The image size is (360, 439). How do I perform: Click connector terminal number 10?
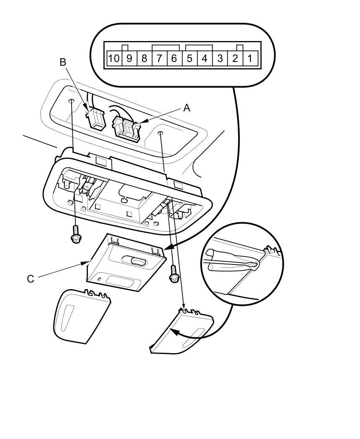click(x=113, y=58)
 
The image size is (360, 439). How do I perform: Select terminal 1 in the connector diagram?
click(x=249, y=58)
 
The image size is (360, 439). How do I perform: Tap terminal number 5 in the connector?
click(x=189, y=58)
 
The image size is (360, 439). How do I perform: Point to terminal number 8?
click(x=144, y=58)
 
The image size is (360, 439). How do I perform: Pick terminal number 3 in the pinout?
click(x=220, y=58)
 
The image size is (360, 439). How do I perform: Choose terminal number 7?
click(x=159, y=58)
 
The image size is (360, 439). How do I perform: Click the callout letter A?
click(x=187, y=108)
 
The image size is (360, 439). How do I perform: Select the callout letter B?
click(x=63, y=62)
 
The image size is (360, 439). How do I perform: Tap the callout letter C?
click(x=31, y=279)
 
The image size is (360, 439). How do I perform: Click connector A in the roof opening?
click(x=126, y=128)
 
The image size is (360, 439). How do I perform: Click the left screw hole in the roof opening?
click(x=72, y=101)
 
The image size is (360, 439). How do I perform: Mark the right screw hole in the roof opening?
click(x=160, y=133)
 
